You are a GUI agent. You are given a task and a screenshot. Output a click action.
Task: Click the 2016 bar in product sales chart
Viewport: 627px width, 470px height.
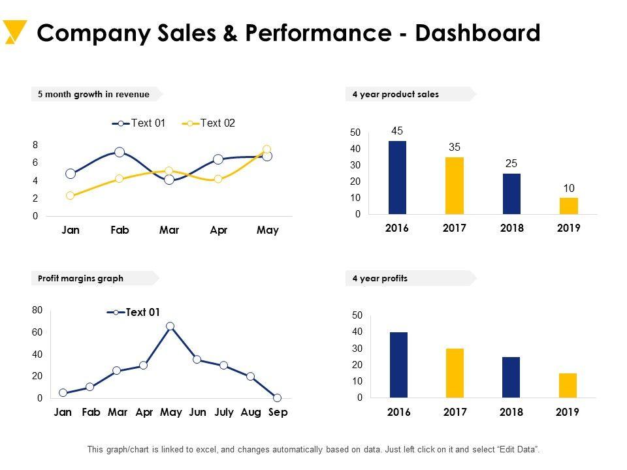tap(397, 177)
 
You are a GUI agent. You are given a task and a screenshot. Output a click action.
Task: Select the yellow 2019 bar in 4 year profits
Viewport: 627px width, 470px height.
tap(568, 385)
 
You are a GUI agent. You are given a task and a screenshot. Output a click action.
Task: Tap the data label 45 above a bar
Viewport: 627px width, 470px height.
tap(397, 131)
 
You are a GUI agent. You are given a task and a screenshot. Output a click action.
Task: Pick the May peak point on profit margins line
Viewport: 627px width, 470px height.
tap(170, 326)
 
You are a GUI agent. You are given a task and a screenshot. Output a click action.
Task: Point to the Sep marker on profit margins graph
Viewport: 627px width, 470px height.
tap(277, 398)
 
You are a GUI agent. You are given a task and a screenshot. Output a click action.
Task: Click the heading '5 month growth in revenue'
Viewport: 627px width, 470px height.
tap(93, 94)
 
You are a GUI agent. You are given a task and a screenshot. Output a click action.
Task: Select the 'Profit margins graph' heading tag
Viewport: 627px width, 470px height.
tap(80, 278)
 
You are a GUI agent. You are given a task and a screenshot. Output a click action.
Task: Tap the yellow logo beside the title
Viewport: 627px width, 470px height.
tap(14, 32)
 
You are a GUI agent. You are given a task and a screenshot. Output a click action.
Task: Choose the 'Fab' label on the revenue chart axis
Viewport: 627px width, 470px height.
tap(120, 230)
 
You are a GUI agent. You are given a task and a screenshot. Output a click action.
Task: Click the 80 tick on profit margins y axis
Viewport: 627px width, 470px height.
tap(37, 310)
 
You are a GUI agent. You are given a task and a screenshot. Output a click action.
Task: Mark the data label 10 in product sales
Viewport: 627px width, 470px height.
tap(569, 188)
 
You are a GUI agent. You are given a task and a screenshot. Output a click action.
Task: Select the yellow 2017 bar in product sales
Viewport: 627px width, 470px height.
tap(455, 185)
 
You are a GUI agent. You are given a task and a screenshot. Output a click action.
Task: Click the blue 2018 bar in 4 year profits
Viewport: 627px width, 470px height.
tap(511, 377)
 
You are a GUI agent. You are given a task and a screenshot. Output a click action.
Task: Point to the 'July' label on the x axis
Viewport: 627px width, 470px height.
tap(223, 413)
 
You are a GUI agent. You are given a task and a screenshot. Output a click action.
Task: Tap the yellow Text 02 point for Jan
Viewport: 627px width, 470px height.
tap(71, 195)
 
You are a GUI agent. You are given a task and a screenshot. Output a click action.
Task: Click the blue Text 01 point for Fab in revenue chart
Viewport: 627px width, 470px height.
tap(120, 152)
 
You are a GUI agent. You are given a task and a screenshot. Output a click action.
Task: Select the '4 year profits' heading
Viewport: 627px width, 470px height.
tap(379, 278)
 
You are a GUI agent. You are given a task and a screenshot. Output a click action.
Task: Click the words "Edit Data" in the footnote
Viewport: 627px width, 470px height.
tap(519, 450)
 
